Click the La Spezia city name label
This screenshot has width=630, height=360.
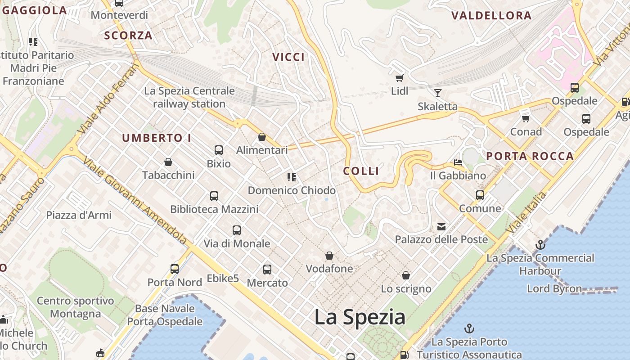tap(360, 317)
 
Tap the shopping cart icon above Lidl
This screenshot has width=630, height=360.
tap(399, 77)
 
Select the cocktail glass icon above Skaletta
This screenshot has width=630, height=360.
tap(437, 93)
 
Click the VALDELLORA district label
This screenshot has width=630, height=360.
tap(491, 16)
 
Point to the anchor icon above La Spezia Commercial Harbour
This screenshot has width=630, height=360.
tap(540, 245)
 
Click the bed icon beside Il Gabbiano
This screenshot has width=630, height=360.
tap(458, 162)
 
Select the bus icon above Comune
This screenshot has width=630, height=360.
tap(480, 195)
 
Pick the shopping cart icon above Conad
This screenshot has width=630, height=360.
tap(526, 118)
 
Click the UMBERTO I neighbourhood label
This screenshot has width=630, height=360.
tap(157, 138)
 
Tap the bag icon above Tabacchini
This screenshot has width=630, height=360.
tap(168, 162)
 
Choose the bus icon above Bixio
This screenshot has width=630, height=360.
tap(219, 150)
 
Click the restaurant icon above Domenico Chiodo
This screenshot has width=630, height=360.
tap(292, 177)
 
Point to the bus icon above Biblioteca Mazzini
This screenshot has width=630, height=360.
tap(214, 196)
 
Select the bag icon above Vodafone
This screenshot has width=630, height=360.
tap(329, 256)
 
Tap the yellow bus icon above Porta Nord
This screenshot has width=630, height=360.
tap(175, 269)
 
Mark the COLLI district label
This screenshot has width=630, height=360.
tap(361, 171)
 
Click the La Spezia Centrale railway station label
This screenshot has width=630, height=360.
tap(189, 97)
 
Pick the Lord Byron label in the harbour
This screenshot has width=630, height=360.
tap(554, 288)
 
